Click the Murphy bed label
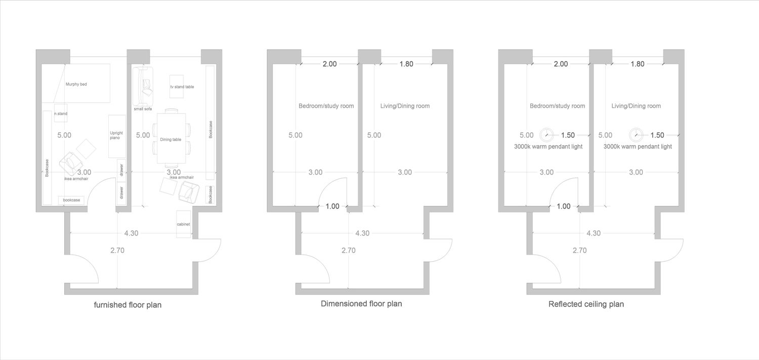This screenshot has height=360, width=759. (76, 84)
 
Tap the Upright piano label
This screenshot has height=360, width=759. (116, 135)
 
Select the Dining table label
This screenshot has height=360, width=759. (171, 139)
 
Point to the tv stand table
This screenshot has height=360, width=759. (177, 87)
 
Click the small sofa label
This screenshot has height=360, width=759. (143, 109)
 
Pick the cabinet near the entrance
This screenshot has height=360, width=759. (183, 224)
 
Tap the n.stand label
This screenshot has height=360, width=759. (61, 113)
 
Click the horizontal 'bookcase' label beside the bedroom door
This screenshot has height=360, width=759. (71, 200)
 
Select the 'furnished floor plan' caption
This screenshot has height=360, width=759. (128, 305)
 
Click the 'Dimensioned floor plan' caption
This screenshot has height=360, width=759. (361, 303)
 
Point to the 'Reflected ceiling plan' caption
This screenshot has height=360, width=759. (586, 304)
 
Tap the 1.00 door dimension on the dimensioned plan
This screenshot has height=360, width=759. (332, 206)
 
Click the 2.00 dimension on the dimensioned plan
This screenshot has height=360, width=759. (330, 64)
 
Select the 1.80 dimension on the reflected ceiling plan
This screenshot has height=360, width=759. (638, 64)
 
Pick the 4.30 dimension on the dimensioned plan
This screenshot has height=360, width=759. (362, 233)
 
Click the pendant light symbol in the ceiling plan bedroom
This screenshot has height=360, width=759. (546, 135)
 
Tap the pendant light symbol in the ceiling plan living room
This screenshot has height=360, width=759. (636, 135)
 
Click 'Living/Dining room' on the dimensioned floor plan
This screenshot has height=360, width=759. (405, 106)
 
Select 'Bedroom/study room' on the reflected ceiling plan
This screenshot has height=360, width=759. (558, 106)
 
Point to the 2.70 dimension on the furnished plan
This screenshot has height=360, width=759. (117, 251)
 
